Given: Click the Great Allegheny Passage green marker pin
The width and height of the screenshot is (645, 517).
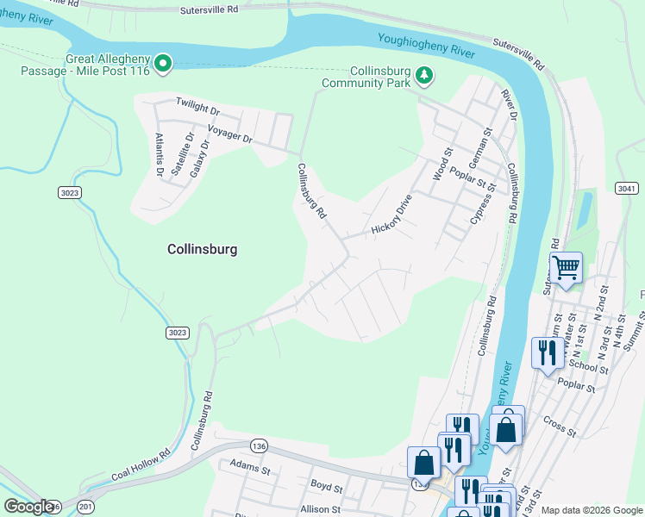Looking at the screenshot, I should point(163,62).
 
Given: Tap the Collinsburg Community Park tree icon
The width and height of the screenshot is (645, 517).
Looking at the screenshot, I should point(423,76).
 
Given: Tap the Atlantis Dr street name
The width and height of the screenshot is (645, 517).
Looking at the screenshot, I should point(160,154).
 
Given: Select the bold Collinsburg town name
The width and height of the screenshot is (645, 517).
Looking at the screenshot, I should point(201,249).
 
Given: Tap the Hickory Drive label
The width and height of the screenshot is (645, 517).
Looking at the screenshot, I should point(392,215).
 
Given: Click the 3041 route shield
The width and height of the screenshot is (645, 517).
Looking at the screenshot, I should point(627,188).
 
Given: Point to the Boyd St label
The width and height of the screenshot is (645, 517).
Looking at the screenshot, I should point(327,487).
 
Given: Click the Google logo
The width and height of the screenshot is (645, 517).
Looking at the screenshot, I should point(28,507).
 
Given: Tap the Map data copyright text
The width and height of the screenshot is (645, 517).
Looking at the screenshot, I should point(592,510).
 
